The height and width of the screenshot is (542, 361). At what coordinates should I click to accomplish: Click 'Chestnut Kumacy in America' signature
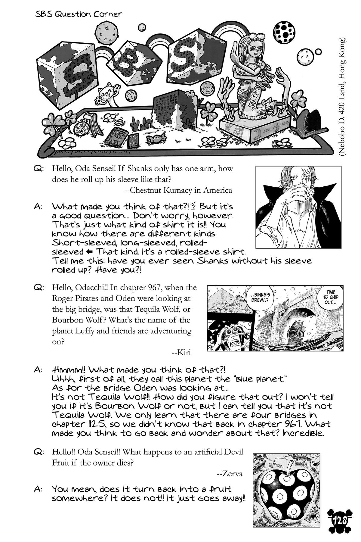pos(178,190)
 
